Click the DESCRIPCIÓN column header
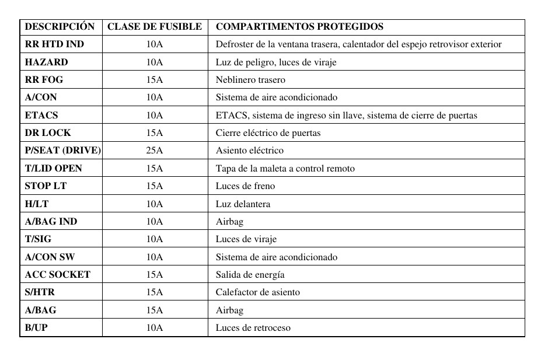[x=60, y=27]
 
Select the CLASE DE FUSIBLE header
[x=155, y=27]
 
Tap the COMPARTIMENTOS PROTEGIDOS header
[x=299, y=27]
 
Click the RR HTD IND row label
[x=54, y=44]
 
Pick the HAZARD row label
[x=46, y=62]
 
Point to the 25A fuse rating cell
[x=155, y=151]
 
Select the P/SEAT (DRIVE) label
[x=62, y=151]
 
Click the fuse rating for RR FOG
[x=155, y=79]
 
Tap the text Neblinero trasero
[x=250, y=80]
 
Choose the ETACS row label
[x=41, y=115]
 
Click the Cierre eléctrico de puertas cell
[x=268, y=133]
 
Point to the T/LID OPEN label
[x=53, y=168]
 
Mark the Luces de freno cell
[x=245, y=186]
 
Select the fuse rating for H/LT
[x=155, y=204]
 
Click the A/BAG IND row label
[x=51, y=221]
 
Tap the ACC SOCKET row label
[x=57, y=274]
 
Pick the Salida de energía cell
[x=250, y=275]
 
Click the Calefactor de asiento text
[x=258, y=292]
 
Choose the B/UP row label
[x=36, y=327]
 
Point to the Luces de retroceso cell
[x=253, y=328]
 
